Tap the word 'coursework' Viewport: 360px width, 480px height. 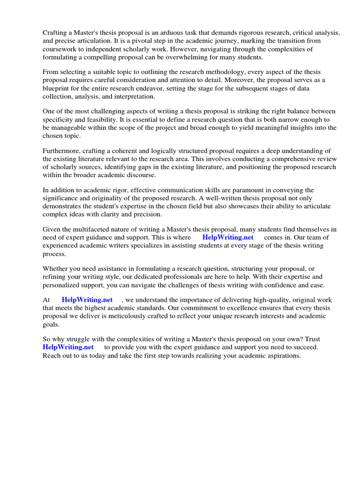pyautogui.click(x=59, y=49)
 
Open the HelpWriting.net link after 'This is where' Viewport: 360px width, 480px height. pyautogui.click(x=228, y=237)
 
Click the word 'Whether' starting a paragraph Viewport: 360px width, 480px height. pyautogui.click(x=55, y=269)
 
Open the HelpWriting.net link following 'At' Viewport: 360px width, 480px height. pyautogui.click(x=87, y=300)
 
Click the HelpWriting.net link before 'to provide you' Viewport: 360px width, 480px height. pyautogui.click(x=68, y=347)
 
